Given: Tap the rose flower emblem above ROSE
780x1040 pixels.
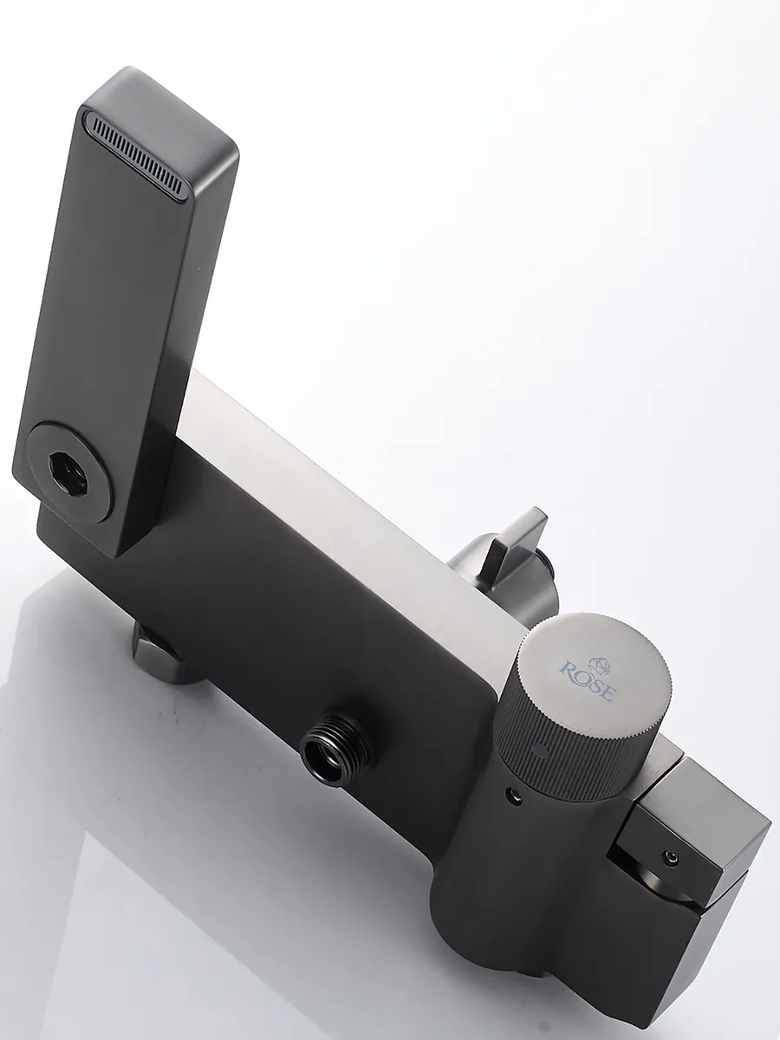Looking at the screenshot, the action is tap(599, 663).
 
